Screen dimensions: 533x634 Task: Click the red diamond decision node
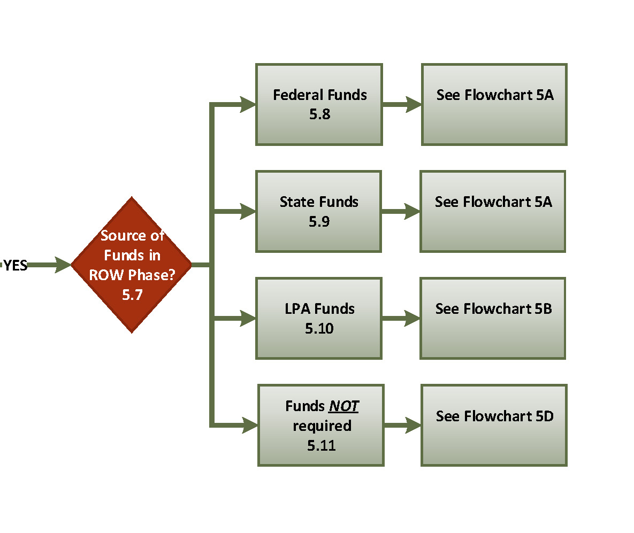[131, 265]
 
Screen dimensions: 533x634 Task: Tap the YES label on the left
[16, 265]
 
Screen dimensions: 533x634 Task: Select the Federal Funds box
[319, 104]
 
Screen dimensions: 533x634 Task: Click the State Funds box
[318, 211]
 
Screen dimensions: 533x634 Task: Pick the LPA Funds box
[319, 318]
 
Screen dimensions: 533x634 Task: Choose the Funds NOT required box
[321, 425]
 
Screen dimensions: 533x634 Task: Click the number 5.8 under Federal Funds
[320, 114]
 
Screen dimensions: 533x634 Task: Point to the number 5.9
[319, 221]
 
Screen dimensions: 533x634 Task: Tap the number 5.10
[319, 328]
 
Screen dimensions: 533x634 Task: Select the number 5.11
[322, 445]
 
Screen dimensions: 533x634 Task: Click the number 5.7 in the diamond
[132, 295]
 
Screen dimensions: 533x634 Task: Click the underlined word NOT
[343, 406]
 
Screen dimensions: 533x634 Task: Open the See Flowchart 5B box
[493, 318]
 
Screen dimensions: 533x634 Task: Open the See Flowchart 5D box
[494, 425]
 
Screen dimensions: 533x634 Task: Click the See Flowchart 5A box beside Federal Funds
[494, 104]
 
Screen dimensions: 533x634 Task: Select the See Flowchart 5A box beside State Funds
[493, 211]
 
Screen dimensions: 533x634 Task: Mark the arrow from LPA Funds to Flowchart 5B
[401, 319]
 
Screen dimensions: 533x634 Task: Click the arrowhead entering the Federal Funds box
[248, 104]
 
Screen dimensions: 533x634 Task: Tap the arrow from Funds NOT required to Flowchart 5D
[402, 426]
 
